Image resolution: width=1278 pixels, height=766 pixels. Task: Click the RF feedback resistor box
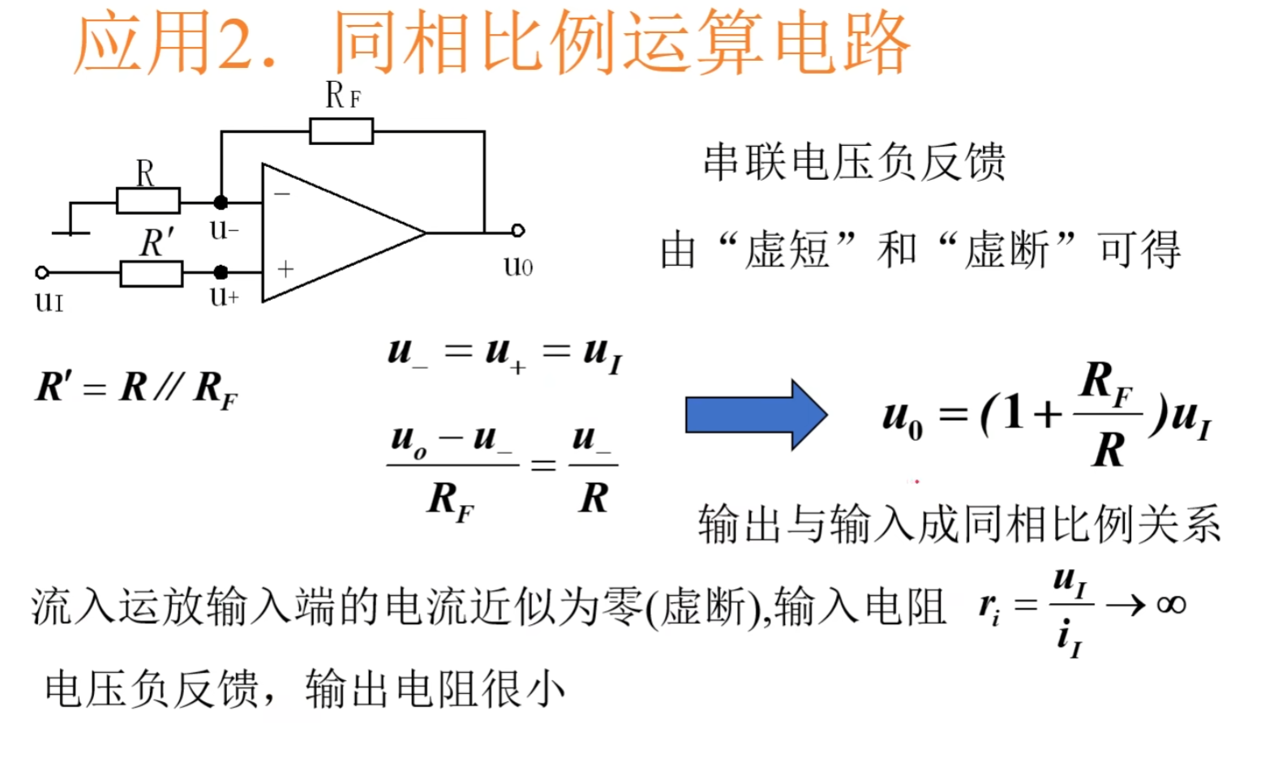[x=341, y=131]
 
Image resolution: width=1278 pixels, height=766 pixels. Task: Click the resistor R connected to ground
[x=148, y=200]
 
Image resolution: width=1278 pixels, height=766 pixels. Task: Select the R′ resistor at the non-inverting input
[x=151, y=273]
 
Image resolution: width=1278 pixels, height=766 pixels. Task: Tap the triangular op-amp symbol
[x=332, y=233]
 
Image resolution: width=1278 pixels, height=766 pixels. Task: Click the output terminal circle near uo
[x=518, y=231]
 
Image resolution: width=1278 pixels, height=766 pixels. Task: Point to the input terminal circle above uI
[x=42, y=273]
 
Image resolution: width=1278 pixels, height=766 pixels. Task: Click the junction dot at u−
[x=221, y=202]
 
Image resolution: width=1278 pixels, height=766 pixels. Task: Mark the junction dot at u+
[x=221, y=272]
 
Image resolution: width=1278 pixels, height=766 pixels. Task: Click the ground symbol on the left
[x=71, y=233]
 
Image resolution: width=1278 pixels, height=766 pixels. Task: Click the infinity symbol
[x=1171, y=605]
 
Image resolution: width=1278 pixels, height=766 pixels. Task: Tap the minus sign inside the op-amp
[x=282, y=195]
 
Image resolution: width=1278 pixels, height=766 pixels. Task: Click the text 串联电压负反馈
[x=854, y=161]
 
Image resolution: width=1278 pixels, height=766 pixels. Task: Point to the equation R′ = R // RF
[x=136, y=388]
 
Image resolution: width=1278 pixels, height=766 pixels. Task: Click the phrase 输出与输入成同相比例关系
[x=959, y=524]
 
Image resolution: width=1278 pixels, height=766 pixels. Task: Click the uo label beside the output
[x=518, y=266]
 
